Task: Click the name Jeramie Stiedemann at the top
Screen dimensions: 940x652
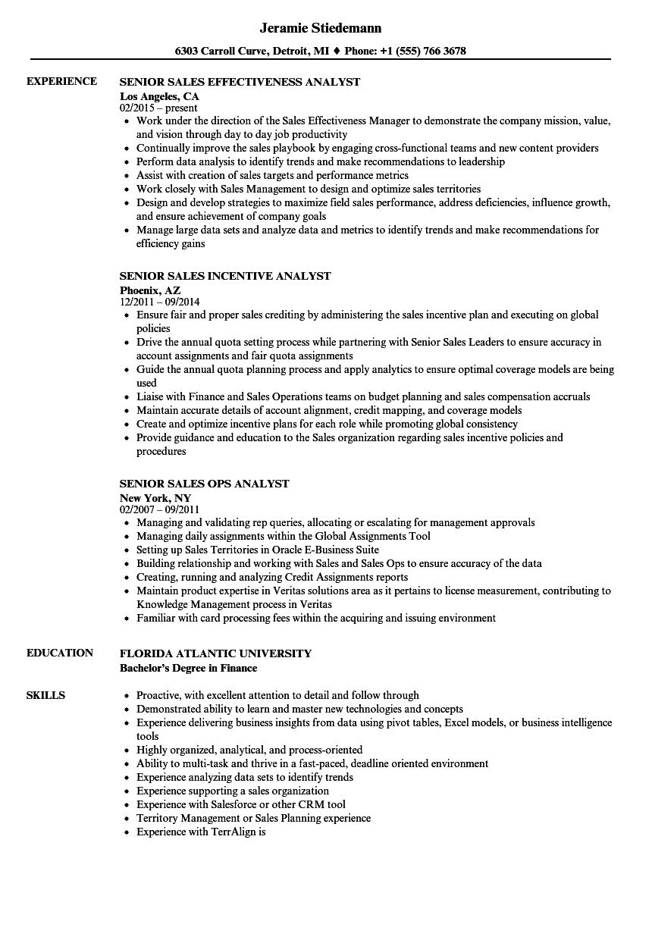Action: tap(320, 28)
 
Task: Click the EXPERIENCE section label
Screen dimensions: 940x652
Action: tap(61, 81)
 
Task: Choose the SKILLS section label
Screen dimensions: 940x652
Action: tap(45, 695)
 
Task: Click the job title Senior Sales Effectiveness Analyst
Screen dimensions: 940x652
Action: tap(240, 82)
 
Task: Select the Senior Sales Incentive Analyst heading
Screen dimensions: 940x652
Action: tap(225, 276)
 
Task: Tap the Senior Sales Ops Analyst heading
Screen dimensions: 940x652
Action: tap(204, 484)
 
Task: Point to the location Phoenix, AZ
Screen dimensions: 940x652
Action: tap(150, 290)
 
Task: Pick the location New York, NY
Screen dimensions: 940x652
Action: tap(155, 498)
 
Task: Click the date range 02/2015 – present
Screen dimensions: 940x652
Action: tap(158, 108)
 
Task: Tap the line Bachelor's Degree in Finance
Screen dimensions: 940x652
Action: tap(188, 668)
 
